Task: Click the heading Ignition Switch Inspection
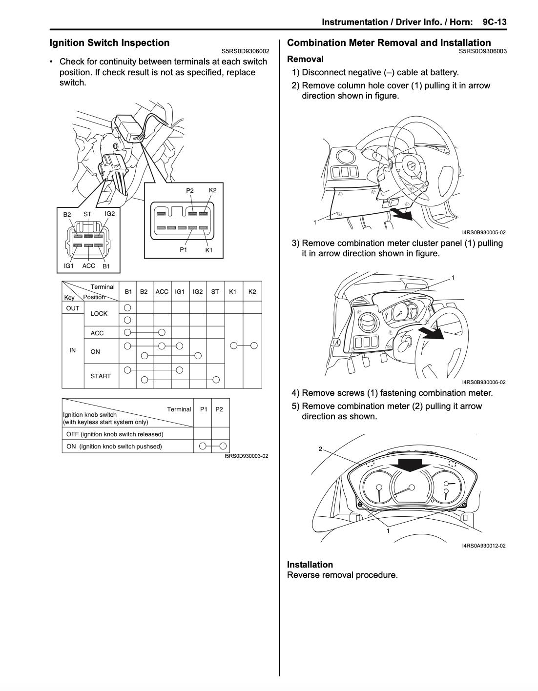point(109,42)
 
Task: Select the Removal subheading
point(305,59)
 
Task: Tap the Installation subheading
point(310,564)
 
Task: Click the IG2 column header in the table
point(197,291)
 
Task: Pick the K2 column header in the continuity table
point(252,291)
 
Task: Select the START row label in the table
point(101,376)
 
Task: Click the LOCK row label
point(99,313)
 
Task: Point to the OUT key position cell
point(73,308)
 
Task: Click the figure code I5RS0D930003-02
point(246,456)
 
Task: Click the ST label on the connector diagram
point(87,214)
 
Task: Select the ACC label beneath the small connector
point(88,266)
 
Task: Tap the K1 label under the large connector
point(209,250)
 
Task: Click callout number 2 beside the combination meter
point(321,448)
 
